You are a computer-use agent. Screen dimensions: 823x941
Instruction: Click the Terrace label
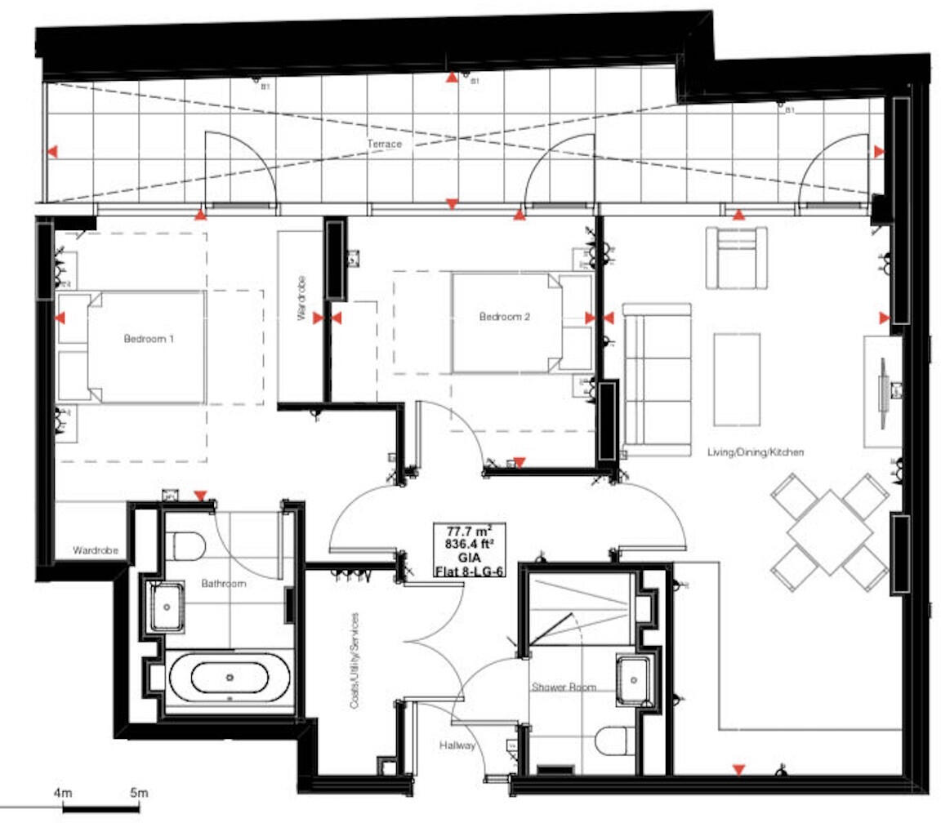coord(384,145)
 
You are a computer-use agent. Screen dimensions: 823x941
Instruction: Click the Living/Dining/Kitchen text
coord(756,452)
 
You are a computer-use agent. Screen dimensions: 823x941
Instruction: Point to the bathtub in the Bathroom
coord(229,678)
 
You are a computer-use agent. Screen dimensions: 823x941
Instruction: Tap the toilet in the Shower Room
coord(614,741)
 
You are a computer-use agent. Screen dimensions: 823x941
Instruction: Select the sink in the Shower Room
coord(633,678)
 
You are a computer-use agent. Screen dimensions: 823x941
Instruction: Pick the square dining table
coord(830,532)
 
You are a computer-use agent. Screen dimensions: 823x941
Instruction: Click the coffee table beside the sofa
coord(737,379)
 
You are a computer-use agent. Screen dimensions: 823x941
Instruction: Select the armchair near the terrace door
coord(737,258)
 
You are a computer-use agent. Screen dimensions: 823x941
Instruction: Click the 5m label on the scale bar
coord(138,793)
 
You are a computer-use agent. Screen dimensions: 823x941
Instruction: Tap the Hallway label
coord(457,745)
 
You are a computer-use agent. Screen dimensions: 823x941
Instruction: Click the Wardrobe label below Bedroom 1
coord(96,550)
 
